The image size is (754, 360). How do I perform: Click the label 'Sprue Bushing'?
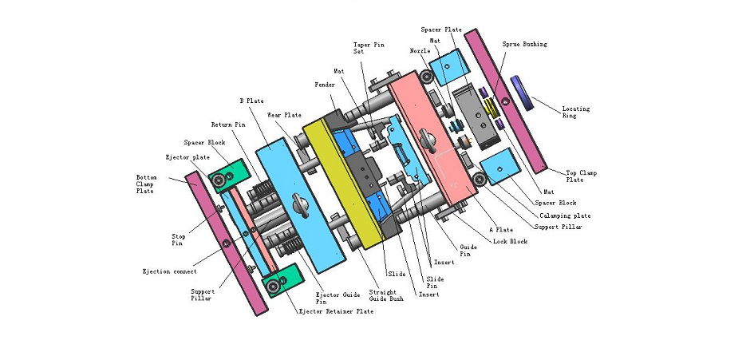pyautogui.click(x=524, y=45)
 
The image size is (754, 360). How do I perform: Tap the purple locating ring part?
pyautogui.click(x=523, y=92)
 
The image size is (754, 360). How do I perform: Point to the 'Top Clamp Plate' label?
pyautogui.click(x=581, y=176)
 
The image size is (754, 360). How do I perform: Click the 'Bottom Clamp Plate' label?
pyautogui.click(x=145, y=184)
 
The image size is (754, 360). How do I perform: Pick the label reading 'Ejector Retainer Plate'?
pyautogui.click(x=335, y=311)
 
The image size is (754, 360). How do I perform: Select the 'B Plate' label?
pyautogui.click(x=251, y=101)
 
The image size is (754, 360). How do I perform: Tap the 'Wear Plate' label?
pyautogui.click(x=284, y=115)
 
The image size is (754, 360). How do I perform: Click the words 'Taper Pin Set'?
pyautogui.click(x=368, y=48)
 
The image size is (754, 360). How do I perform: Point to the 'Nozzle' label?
pyautogui.click(x=420, y=51)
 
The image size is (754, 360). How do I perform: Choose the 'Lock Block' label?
pyautogui.click(x=510, y=240)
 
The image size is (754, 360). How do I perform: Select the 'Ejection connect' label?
pyautogui.click(x=169, y=272)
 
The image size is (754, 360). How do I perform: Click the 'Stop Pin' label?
pyautogui.click(x=179, y=239)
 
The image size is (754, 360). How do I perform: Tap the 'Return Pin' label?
pyautogui.click(x=227, y=125)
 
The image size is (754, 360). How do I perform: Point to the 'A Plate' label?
pyautogui.click(x=501, y=230)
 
